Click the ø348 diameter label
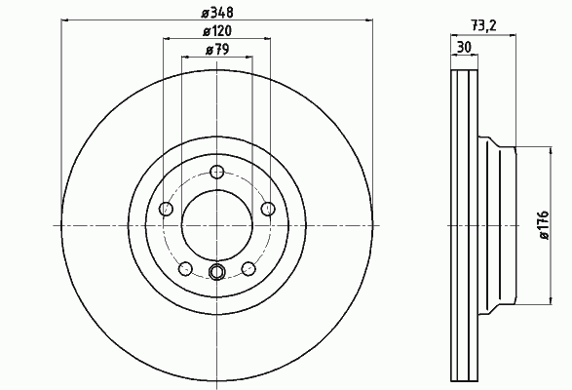[x=217, y=13]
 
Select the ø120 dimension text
[x=217, y=31]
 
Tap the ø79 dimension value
[x=217, y=50]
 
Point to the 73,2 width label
[x=483, y=26]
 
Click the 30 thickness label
[x=464, y=47]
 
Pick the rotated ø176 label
[x=544, y=224]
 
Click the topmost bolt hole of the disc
[x=217, y=172]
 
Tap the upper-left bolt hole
[x=166, y=209]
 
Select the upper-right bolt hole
[x=268, y=209]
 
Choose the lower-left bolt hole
[x=185, y=268]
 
